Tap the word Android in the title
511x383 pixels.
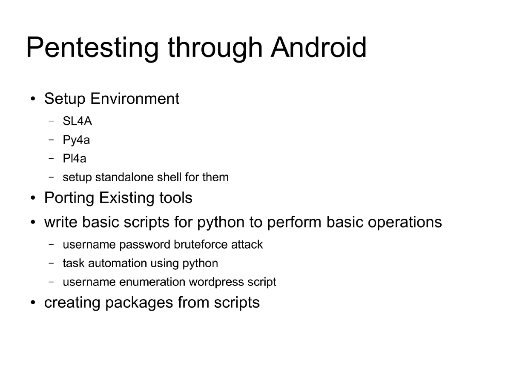[x=319, y=48]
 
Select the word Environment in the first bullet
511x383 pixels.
[x=135, y=99]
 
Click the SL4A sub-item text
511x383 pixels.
[x=77, y=122]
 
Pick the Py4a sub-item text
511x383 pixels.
[x=76, y=140]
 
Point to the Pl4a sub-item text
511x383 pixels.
[x=75, y=159]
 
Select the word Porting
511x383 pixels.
[x=69, y=198]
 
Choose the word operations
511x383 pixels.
[x=404, y=223]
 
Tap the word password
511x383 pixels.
[x=145, y=245]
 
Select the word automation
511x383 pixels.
[x=118, y=263]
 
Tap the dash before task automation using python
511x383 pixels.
[x=51, y=263]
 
